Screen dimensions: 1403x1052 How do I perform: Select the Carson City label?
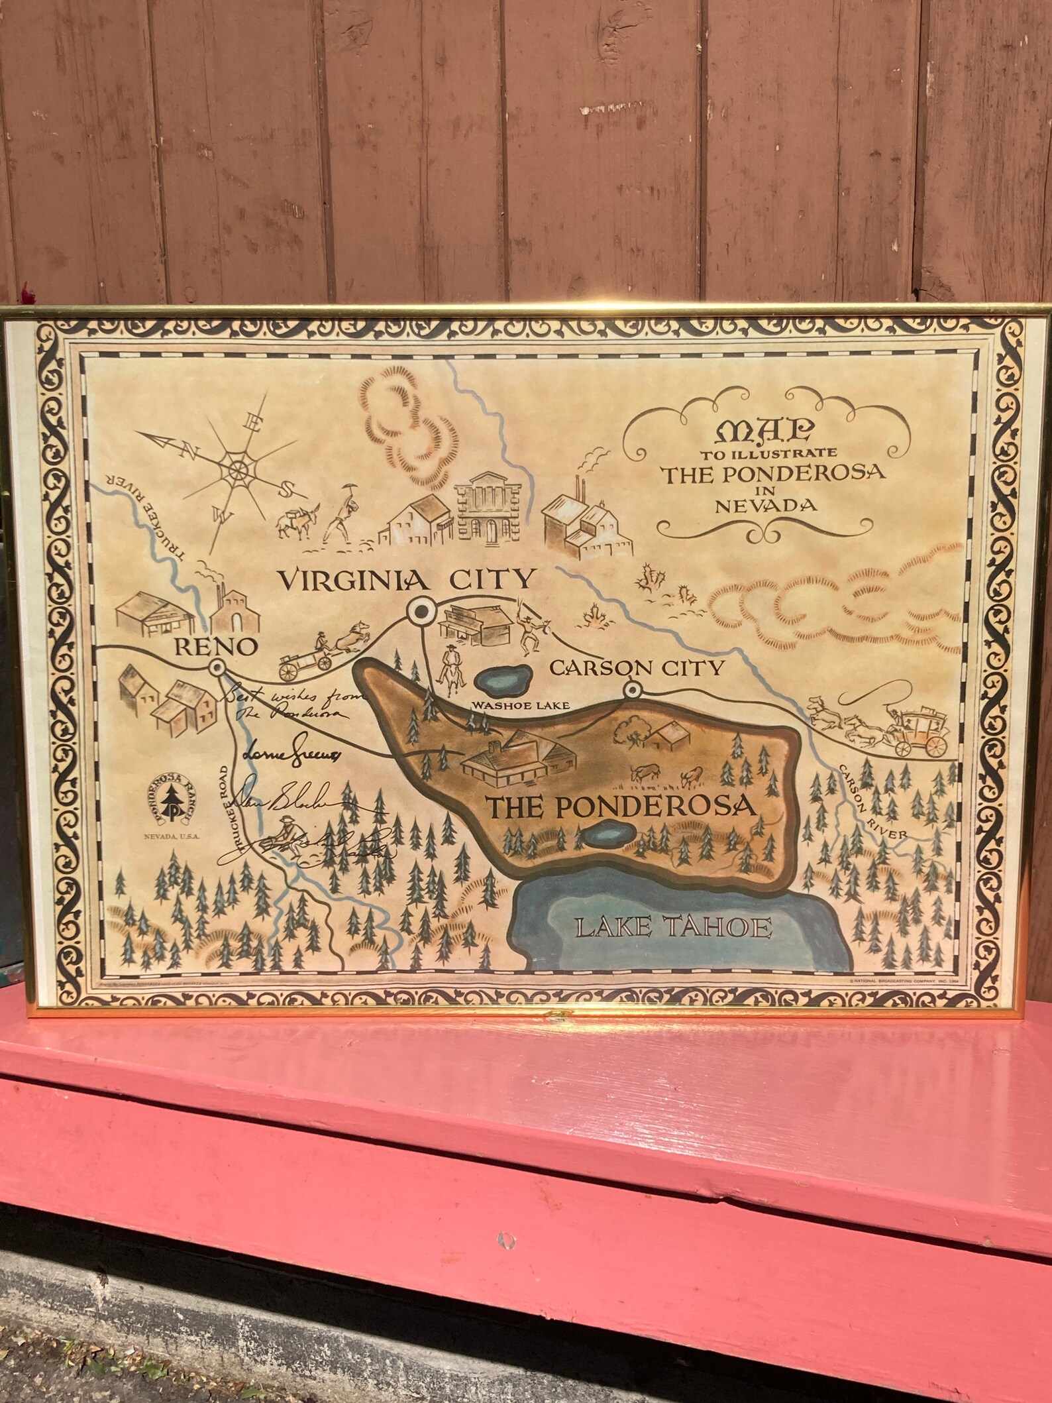click(637, 667)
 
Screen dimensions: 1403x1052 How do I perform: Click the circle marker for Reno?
click(217, 668)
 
